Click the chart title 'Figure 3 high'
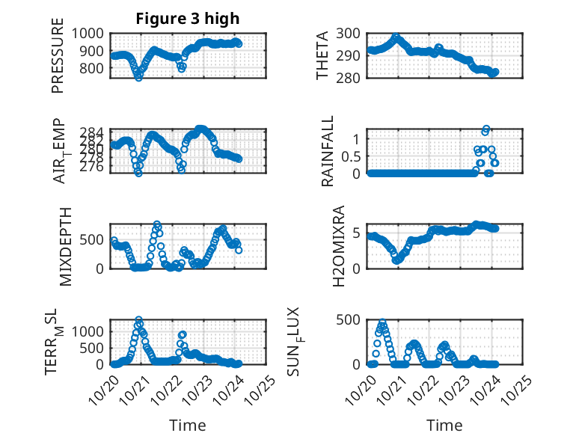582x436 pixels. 187,19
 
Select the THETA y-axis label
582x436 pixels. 322,56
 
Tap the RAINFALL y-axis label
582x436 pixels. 327,152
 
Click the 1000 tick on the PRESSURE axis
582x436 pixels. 91,33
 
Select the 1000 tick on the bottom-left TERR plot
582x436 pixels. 91,331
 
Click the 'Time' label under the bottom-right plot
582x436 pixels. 444,425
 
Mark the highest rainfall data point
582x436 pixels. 486,129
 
